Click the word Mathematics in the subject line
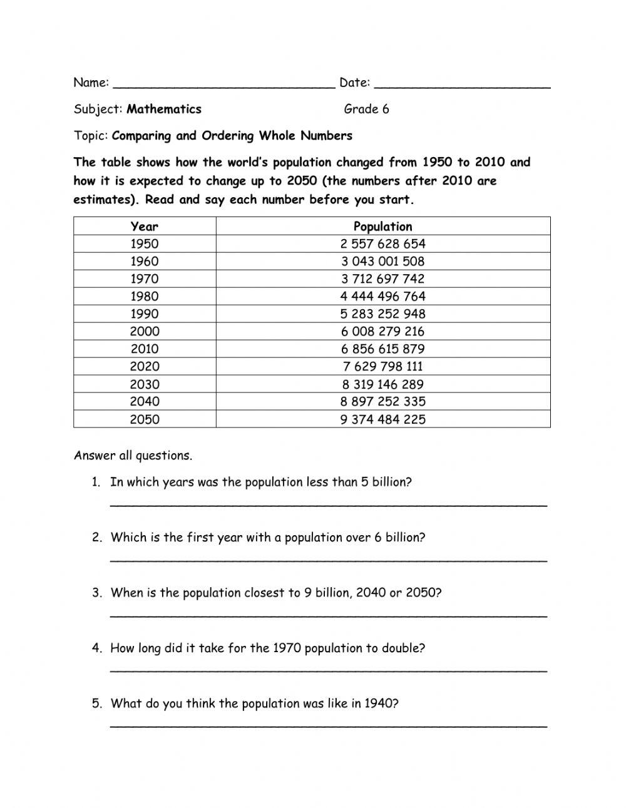click(164, 110)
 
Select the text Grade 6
click(366, 110)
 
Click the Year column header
click(145, 227)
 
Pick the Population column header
click(382, 227)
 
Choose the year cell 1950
click(145, 244)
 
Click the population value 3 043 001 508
click(382, 262)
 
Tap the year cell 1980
click(145, 297)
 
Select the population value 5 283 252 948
click(382, 314)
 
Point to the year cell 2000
click(145, 332)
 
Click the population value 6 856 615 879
click(382, 349)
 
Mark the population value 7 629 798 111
click(382, 367)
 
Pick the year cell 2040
click(145, 402)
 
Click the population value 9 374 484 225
click(382, 419)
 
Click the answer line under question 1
click(329, 503)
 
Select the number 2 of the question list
click(96, 538)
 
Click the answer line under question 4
click(329, 670)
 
